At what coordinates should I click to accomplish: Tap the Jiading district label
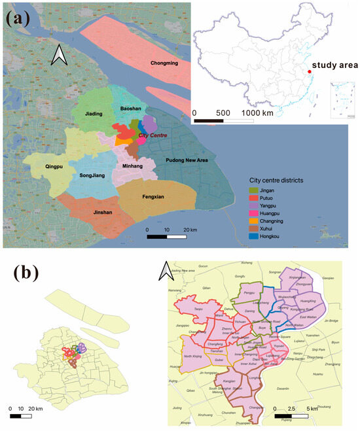94,114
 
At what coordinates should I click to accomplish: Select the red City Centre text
153,135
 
